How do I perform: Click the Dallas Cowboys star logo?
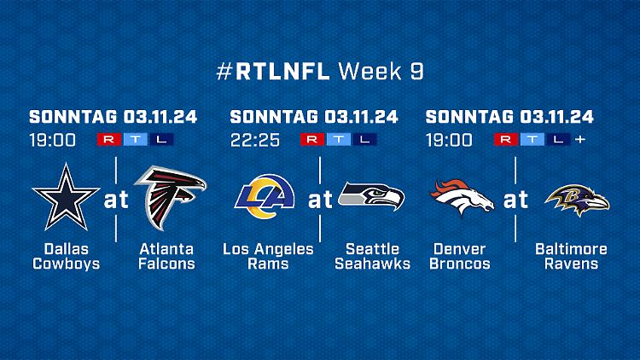tap(66, 197)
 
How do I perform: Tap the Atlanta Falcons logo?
tap(171, 197)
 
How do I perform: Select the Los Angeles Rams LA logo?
tap(265, 197)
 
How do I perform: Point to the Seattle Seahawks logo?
tap(371, 196)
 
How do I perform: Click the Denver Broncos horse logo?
tap(461, 197)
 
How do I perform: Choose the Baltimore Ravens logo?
tap(577, 200)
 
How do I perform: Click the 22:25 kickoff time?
tap(255, 140)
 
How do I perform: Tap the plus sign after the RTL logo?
tap(580, 139)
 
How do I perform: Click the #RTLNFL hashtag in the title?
tap(273, 72)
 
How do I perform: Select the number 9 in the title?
tap(416, 72)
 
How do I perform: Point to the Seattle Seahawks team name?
tap(372, 256)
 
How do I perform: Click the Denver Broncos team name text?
tap(460, 256)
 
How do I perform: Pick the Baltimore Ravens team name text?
tap(571, 256)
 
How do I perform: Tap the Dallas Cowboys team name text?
tap(66, 256)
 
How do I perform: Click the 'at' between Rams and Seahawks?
tap(320, 200)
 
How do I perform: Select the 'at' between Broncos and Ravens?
tap(515, 200)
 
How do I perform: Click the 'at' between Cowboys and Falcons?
tap(116, 200)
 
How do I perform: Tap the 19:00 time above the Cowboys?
tap(52, 140)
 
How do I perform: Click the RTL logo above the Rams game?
tap(339, 139)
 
